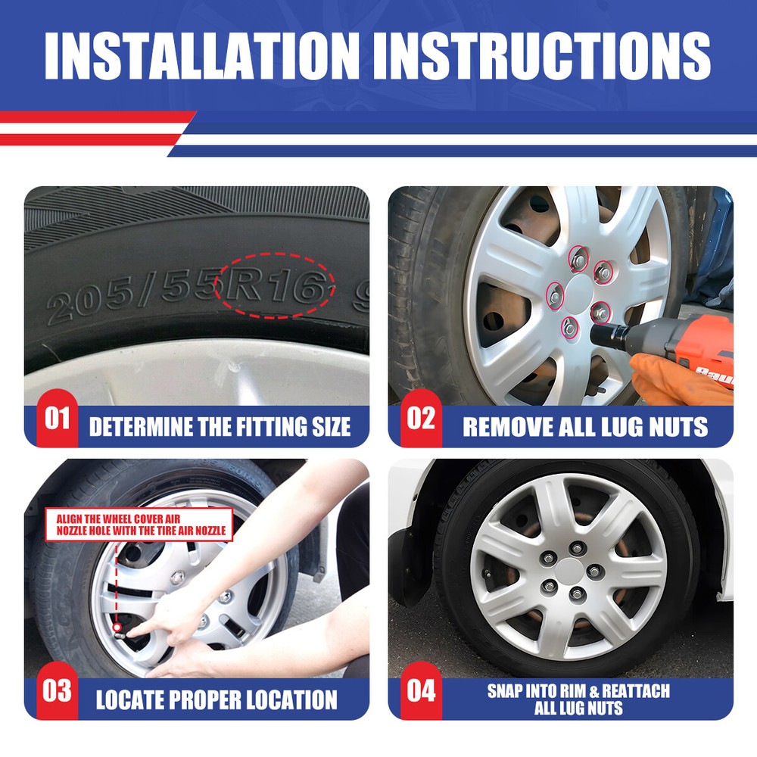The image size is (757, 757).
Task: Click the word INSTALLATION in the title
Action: (x=202, y=55)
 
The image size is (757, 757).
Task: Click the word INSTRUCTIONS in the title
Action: (x=548, y=55)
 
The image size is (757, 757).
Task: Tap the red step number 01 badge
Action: (x=57, y=418)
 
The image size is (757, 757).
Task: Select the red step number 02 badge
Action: (x=421, y=418)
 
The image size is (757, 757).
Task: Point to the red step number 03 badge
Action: (x=57, y=691)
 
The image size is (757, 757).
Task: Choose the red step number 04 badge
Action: (x=421, y=691)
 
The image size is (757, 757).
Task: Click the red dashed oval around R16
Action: (x=274, y=253)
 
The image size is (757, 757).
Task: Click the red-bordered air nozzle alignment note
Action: (x=139, y=525)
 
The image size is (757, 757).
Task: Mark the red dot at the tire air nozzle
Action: (x=117, y=627)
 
